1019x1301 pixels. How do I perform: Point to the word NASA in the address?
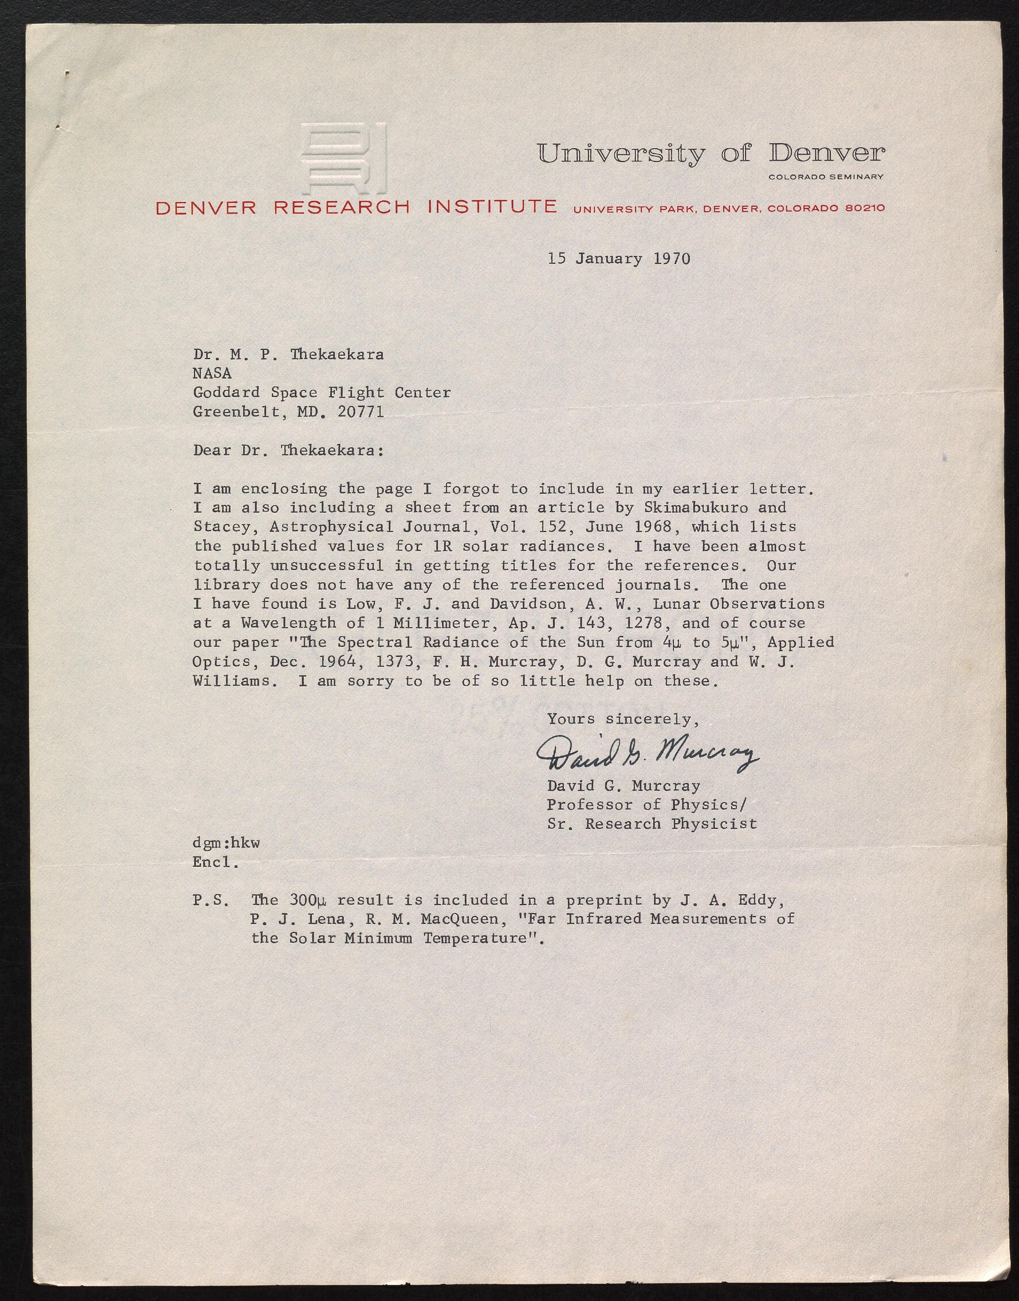[x=212, y=373]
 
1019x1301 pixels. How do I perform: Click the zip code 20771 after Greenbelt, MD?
[x=360, y=412]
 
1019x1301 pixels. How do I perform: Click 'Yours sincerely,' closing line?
[x=623, y=719]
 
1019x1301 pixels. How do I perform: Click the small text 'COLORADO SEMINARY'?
[x=826, y=176]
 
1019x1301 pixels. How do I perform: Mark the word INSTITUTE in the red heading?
[x=492, y=207]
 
